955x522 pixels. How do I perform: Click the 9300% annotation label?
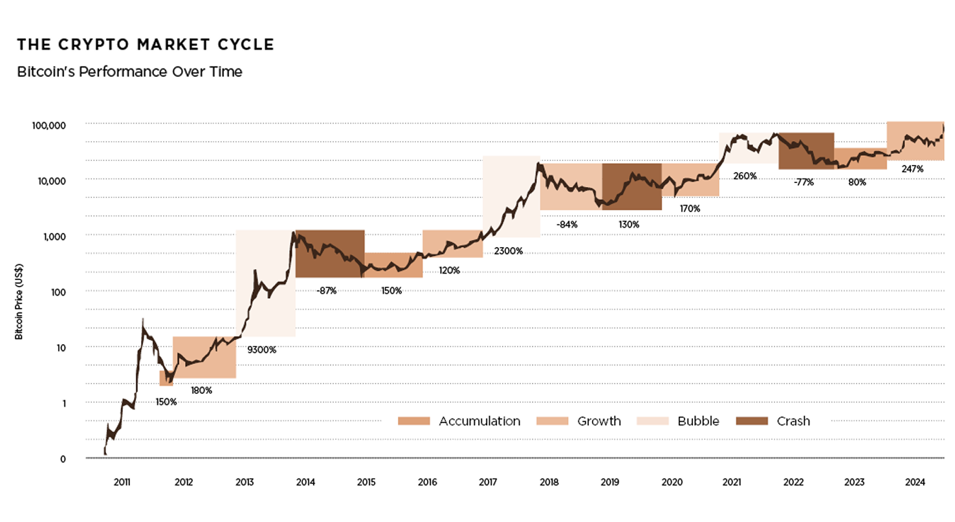point(263,350)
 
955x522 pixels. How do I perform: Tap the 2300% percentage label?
point(508,251)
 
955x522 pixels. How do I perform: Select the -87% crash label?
point(327,290)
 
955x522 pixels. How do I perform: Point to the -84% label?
point(567,224)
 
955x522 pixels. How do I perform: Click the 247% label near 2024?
point(912,169)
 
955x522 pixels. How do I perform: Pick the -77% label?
point(804,182)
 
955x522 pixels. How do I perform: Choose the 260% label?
point(745,175)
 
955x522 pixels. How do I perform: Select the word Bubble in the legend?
point(698,421)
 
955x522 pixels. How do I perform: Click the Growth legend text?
point(598,421)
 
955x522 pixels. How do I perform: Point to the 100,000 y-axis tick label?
point(49,125)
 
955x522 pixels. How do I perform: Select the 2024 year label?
point(915,483)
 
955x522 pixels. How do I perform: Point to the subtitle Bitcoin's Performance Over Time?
point(129,72)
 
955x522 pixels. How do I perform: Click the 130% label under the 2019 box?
point(628,224)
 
